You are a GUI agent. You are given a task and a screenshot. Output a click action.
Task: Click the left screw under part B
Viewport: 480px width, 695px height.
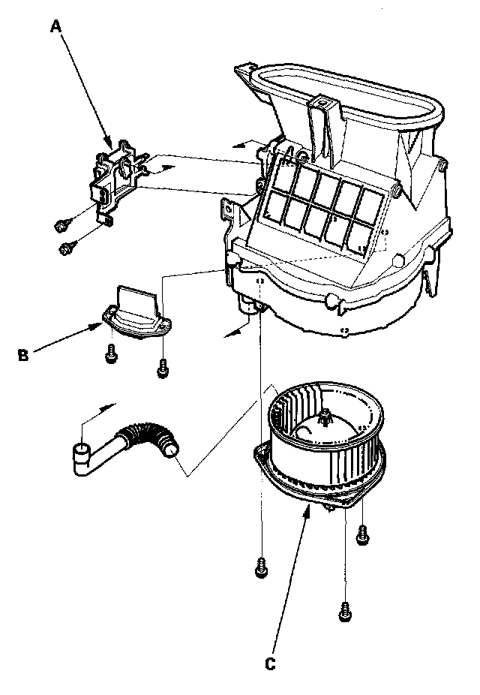point(111,354)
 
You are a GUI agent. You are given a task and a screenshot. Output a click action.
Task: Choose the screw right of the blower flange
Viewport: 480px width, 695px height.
point(363,535)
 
